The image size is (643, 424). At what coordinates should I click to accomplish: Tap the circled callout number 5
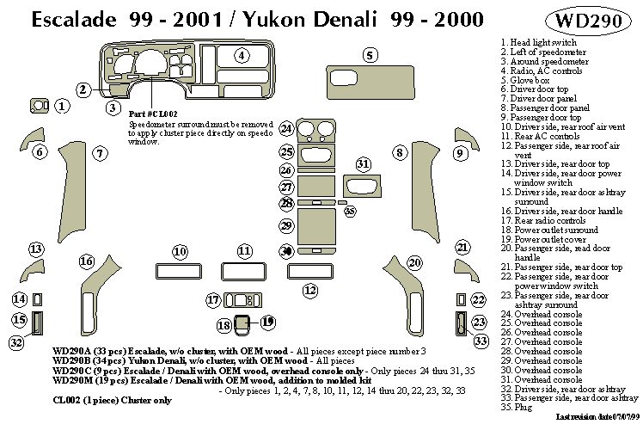click(370, 56)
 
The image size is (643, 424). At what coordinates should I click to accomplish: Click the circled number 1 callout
click(62, 106)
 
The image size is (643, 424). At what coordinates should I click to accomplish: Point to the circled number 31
click(363, 163)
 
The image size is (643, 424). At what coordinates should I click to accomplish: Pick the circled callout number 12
click(309, 289)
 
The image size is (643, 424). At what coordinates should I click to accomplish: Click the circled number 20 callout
click(415, 261)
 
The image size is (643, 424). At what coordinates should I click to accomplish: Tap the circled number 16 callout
click(86, 261)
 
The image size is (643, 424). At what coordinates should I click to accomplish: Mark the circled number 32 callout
click(15, 342)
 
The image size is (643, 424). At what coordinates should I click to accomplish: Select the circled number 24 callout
click(286, 129)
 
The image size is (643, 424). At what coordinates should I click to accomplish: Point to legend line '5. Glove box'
click(524, 80)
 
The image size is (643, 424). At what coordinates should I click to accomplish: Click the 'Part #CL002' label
click(152, 114)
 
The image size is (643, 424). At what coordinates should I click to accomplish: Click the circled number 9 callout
click(460, 153)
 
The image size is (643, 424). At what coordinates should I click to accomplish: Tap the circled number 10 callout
click(180, 251)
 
